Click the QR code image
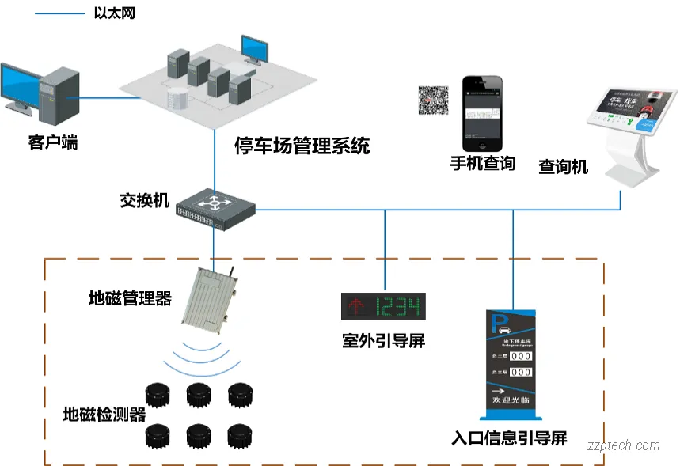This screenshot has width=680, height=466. (433, 100)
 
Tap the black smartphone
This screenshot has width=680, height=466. (482, 114)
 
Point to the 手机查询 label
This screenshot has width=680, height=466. (482, 164)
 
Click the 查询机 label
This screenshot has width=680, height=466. (563, 167)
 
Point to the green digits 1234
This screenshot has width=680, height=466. (399, 306)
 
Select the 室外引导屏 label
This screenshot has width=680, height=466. (383, 341)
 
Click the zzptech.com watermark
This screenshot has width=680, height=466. (624, 445)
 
